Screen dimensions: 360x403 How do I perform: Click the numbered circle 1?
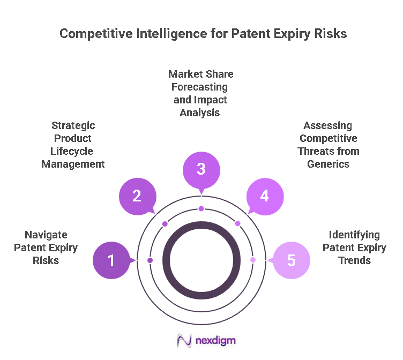[111, 260]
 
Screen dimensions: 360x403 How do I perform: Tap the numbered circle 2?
[137, 196]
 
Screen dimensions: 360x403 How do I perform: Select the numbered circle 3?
[201, 169]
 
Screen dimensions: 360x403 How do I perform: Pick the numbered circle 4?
[264, 196]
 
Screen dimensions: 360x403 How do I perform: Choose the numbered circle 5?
[291, 260]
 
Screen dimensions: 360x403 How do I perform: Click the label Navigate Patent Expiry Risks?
[46, 247]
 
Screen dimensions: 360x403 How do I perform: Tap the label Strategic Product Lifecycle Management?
[73, 145]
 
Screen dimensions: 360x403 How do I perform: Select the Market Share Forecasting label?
[201, 86]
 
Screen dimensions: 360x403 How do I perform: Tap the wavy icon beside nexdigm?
[184, 341]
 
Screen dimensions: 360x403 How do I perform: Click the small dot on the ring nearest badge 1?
[150, 260]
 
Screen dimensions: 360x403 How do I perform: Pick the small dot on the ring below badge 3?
[201, 208]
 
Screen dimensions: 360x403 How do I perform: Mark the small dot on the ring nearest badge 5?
[253, 260]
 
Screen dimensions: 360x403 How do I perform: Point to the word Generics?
[328, 164]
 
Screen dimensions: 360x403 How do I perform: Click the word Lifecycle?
[73, 151]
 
